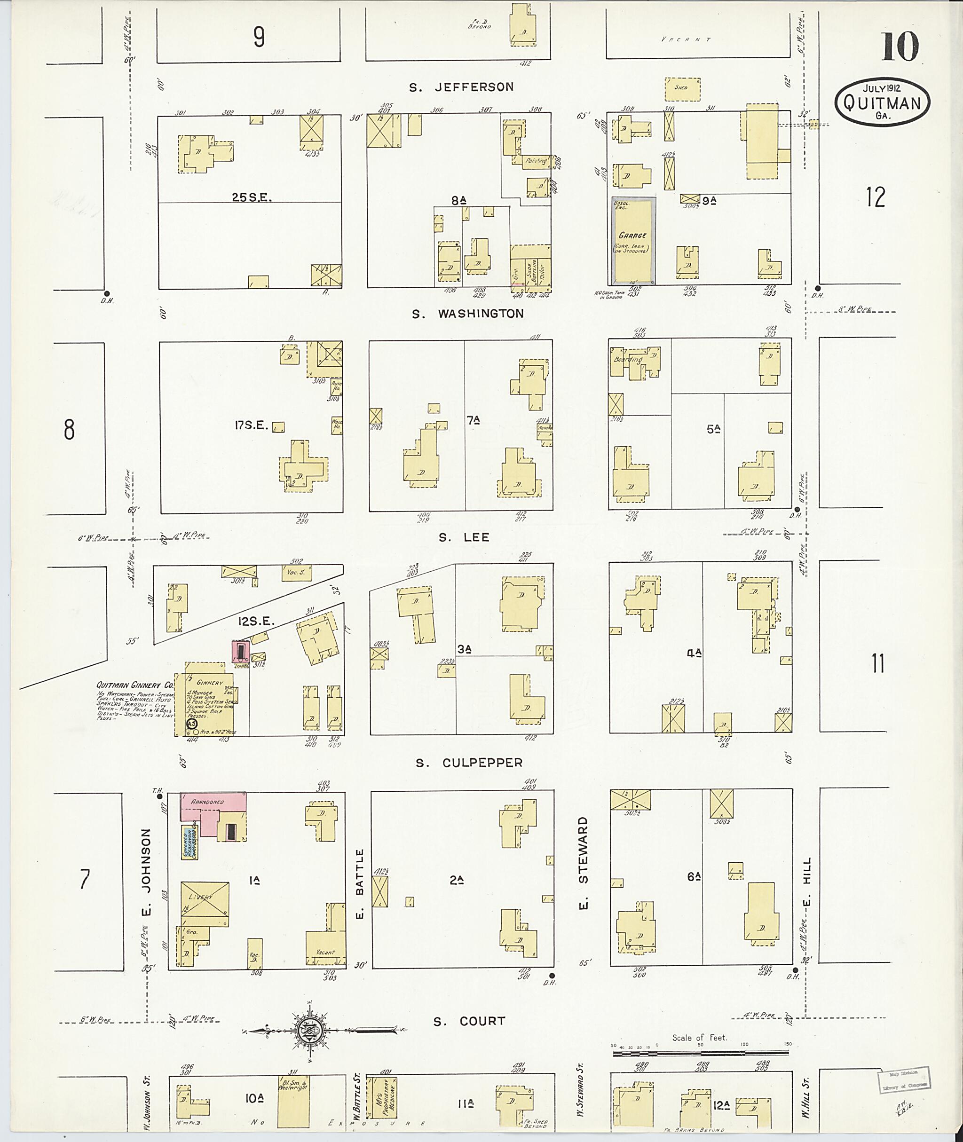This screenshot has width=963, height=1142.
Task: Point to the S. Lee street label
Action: coord(464,537)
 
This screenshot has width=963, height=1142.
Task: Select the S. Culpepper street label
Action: coord(469,763)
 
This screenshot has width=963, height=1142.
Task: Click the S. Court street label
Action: coord(469,1021)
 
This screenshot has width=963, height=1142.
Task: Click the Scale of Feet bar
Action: coord(701,1053)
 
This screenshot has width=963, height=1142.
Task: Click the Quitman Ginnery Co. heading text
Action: coord(134,685)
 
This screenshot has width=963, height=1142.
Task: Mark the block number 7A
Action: coord(473,420)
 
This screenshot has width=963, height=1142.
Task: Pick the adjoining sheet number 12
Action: coord(875,197)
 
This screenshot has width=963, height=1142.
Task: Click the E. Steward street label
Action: coord(583,864)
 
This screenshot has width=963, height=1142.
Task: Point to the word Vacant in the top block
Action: coord(685,39)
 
